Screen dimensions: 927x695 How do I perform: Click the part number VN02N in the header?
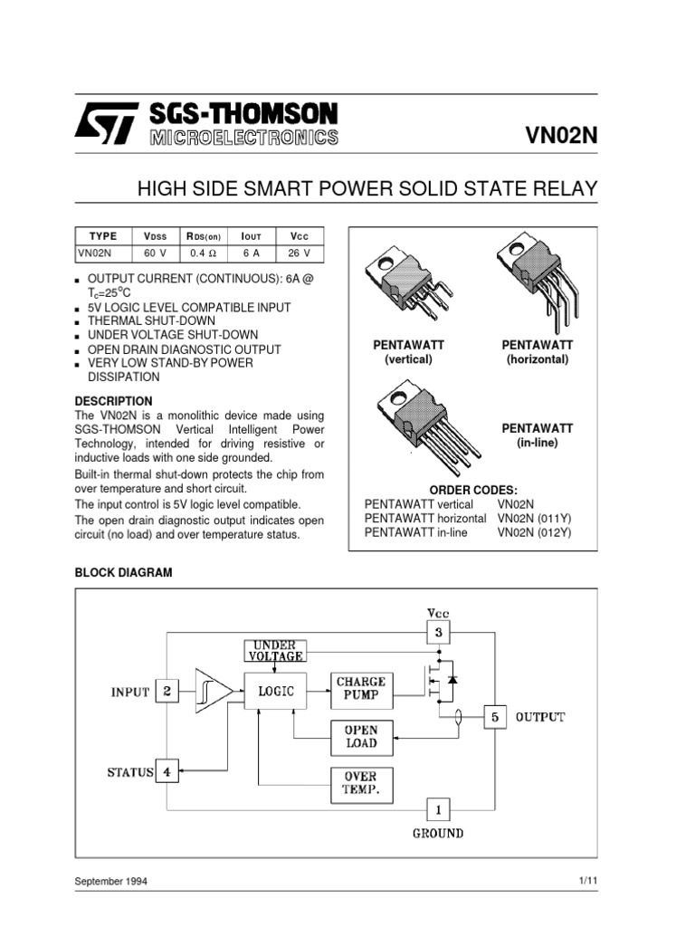click(x=562, y=137)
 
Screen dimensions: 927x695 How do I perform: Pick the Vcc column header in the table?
click(x=299, y=236)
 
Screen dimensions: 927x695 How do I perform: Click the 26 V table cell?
click(x=299, y=253)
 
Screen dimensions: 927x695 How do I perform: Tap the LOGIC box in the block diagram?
click(x=276, y=692)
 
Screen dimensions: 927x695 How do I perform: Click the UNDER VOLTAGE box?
click(x=275, y=650)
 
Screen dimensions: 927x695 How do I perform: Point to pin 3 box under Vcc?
click(x=438, y=632)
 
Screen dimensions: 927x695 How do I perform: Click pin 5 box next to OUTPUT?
click(x=494, y=717)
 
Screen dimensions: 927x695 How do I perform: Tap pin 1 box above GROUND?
click(x=438, y=808)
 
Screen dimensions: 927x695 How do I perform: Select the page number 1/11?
click(x=587, y=881)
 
